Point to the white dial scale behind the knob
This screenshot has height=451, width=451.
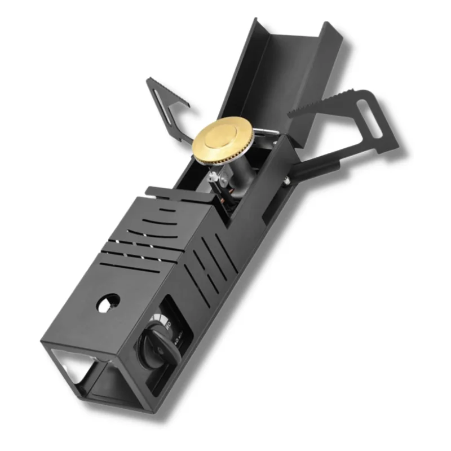click(169, 321)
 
